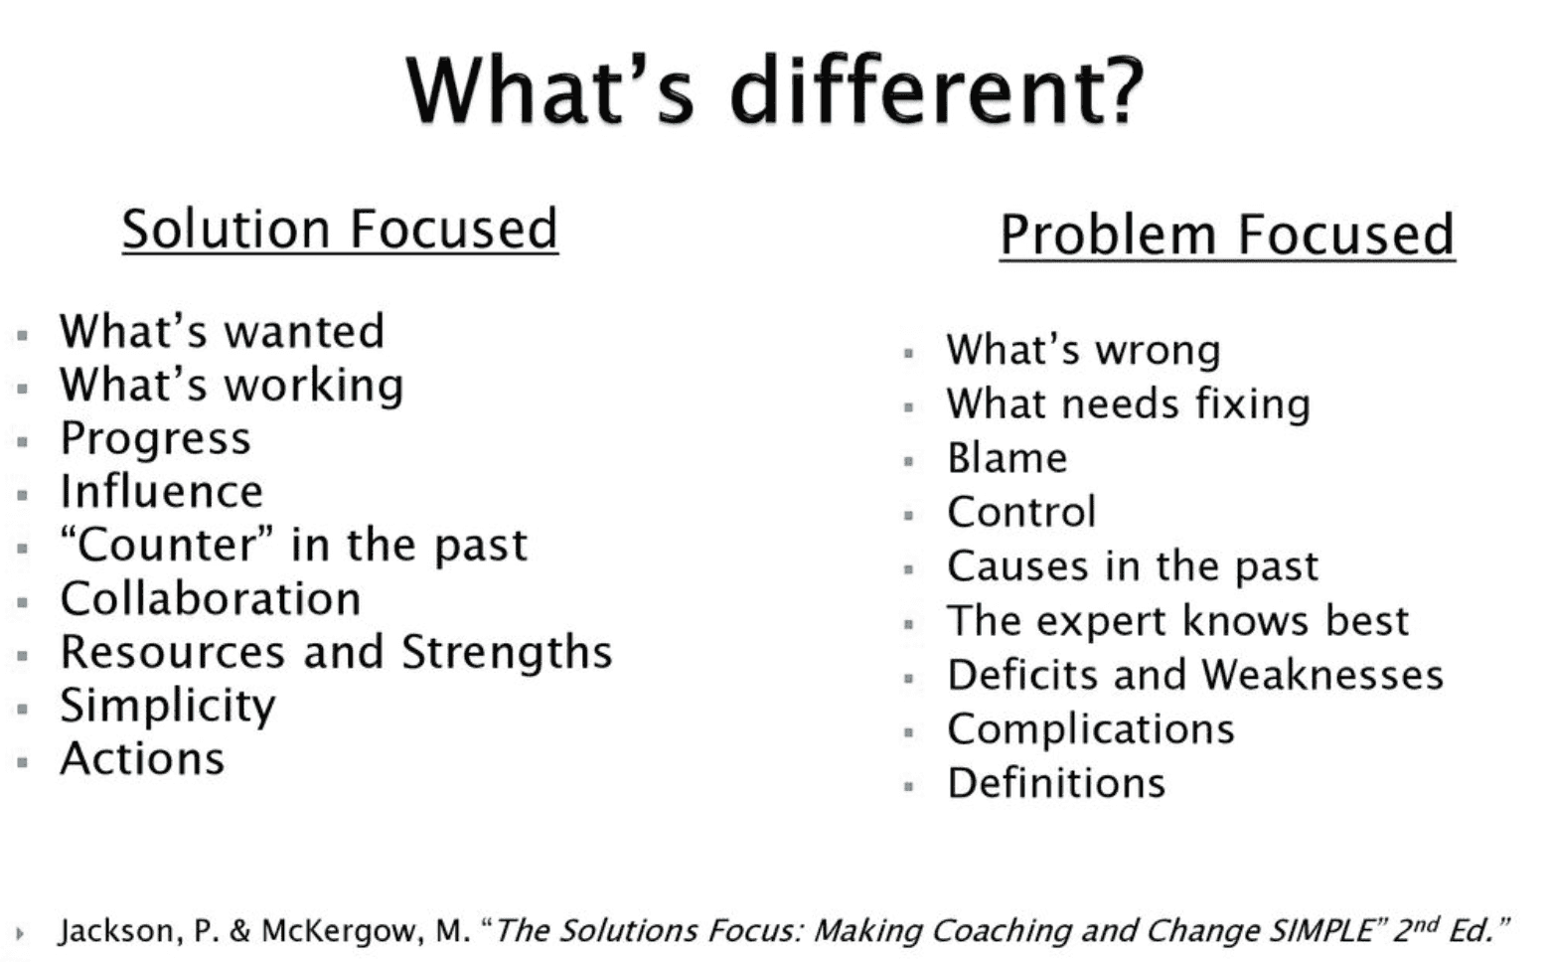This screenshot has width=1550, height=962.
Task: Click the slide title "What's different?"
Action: tap(775, 90)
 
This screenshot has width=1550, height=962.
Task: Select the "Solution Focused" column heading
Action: tap(340, 230)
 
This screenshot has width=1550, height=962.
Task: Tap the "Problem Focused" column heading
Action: tap(1227, 235)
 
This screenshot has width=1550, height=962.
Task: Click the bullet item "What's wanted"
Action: tap(222, 331)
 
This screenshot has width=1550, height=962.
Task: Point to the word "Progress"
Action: tap(156, 439)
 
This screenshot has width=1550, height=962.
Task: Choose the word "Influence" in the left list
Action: tap(162, 491)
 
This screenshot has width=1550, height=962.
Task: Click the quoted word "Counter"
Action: tap(167, 544)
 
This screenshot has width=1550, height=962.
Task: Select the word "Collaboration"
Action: tap(211, 598)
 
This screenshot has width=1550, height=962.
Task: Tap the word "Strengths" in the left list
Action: tap(507, 653)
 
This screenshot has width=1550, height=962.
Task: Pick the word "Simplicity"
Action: tap(168, 707)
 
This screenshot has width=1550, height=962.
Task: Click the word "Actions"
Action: tap(142, 759)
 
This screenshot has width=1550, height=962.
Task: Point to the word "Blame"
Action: tap(1007, 458)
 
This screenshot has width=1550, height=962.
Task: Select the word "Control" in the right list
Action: tap(1022, 512)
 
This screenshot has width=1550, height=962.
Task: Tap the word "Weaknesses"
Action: tap(1322, 675)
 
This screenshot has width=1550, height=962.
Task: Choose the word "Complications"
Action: tap(1091, 730)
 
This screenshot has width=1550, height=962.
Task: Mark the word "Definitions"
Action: tap(1056, 783)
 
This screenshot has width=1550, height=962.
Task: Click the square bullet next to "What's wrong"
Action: tap(909, 354)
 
